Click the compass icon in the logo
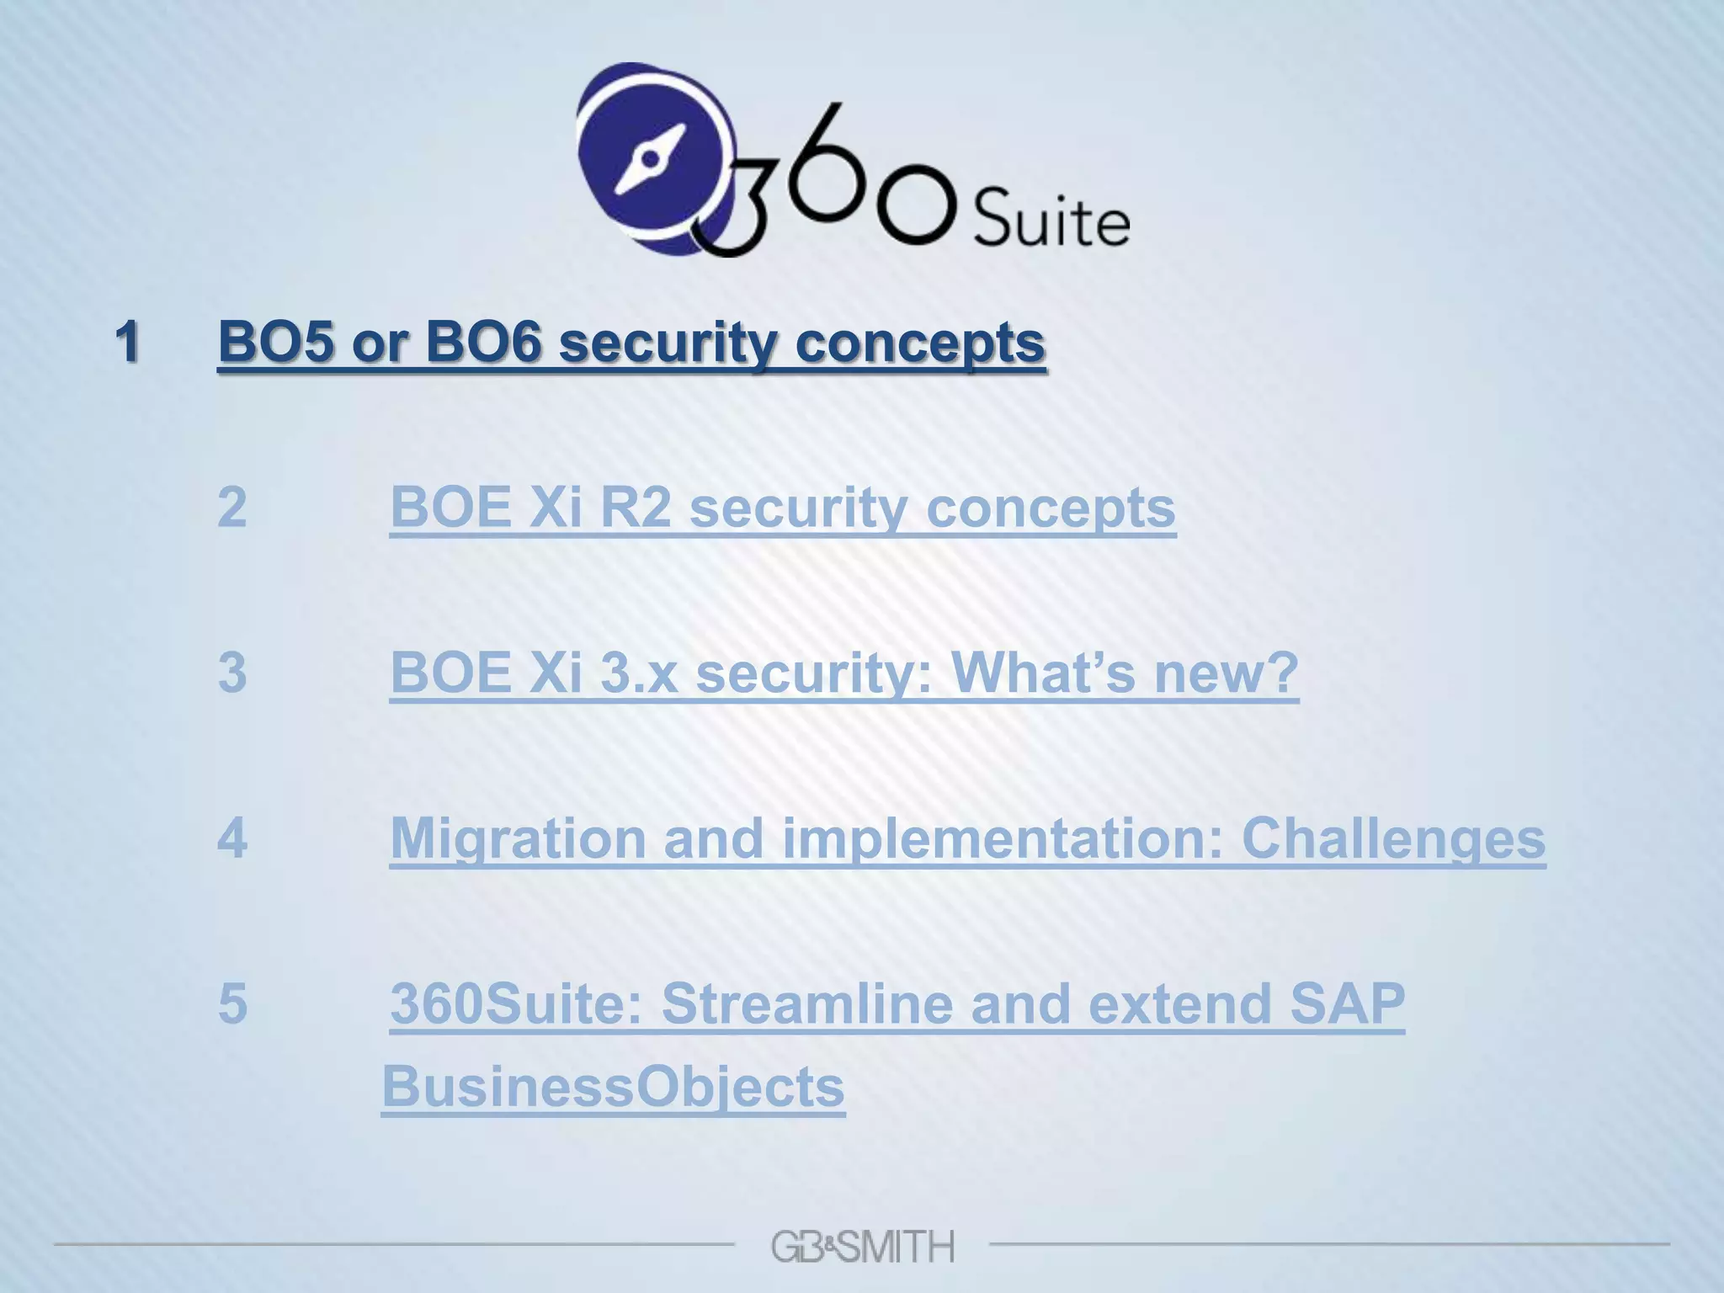pyautogui.click(x=649, y=157)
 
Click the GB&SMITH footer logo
pyautogui.click(x=862, y=1246)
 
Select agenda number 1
pyautogui.click(x=127, y=342)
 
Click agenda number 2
pyautogui.click(x=232, y=507)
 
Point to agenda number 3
pyautogui.click(x=232, y=672)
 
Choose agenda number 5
pyautogui.click(x=232, y=1003)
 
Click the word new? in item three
pyautogui.click(x=1226, y=672)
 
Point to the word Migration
pyautogui.click(x=519, y=838)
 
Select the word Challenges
pyautogui.click(x=1393, y=838)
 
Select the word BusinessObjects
pyautogui.click(x=613, y=1086)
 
